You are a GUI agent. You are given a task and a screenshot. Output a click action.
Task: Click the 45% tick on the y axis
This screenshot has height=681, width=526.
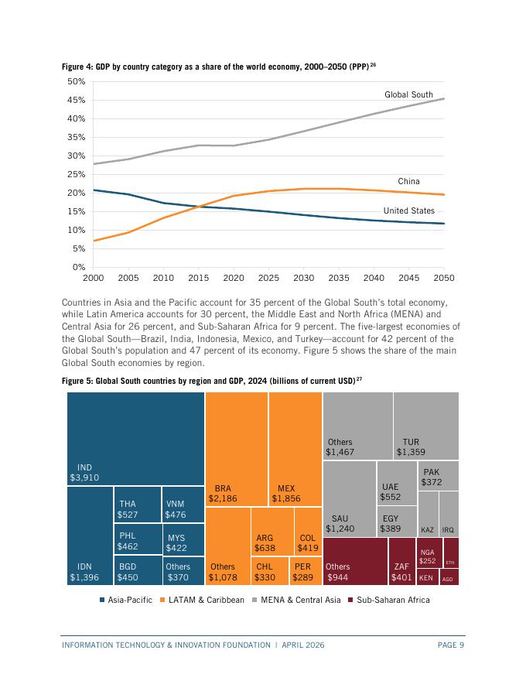pyautogui.click(x=77, y=101)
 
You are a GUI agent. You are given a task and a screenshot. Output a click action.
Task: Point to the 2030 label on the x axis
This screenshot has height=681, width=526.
pyautogui.click(x=303, y=278)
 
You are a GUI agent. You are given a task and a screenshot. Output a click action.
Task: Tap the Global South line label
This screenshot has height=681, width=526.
pyautogui.click(x=408, y=94)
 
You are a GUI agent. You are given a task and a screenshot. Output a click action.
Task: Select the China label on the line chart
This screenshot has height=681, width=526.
pyautogui.click(x=408, y=182)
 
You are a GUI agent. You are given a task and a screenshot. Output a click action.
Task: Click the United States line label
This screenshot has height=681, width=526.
pyautogui.click(x=409, y=210)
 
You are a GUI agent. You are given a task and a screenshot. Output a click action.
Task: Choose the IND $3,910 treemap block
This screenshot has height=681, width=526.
pyautogui.click(x=135, y=439)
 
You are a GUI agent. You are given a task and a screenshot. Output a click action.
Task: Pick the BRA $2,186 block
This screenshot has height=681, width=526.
pyautogui.click(x=237, y=449)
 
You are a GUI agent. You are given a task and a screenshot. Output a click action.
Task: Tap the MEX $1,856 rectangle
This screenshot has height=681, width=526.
pyautogui.click(x=295, y=449)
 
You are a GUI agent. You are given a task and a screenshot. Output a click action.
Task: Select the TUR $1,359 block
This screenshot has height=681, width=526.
pyautogui.click(x=426, y=426)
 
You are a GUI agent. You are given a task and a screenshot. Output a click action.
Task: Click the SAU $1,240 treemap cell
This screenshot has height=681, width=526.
pyautogui.click(x=350, y=498)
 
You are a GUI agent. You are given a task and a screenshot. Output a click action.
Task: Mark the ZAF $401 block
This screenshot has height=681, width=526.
pyautogui.click(x=402, y=562)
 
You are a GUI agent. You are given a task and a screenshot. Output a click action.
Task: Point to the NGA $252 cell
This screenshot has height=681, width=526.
pyautogui.click(x=429, y=553)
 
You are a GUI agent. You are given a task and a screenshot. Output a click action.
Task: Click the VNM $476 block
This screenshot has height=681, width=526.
pyautogui.click(x=183, y=505)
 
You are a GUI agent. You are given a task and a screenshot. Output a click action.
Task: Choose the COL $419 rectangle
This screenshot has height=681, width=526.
pyautogui.click(x=308, y=531)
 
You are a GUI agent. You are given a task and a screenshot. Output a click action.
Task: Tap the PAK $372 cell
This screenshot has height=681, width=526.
pyautogui.click(x=439, y=476)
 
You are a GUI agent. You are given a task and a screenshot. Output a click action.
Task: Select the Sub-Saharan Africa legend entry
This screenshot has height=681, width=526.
pyautogui.click(x=389, y=600)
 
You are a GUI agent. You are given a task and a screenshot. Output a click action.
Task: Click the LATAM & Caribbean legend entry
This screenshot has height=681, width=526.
pyautogui.click(x=202, y=600)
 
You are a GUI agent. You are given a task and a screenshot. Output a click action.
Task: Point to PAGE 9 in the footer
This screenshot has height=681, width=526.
pyautogui.click(x=451, y=645)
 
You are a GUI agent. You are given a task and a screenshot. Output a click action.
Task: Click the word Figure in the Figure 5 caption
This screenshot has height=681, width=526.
pyautogui.click(x=72, y=381)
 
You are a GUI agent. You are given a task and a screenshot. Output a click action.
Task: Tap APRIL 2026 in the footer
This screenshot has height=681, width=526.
pyautogui.click(x=303, y=645)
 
